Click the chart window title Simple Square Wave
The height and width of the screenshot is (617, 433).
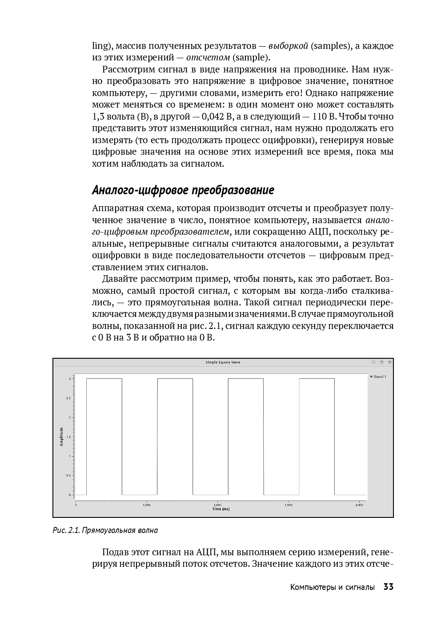(223, 362)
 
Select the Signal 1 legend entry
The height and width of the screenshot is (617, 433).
(379, 377)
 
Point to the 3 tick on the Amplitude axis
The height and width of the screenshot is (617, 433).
(69, 379)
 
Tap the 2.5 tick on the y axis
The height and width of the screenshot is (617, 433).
(68, 398)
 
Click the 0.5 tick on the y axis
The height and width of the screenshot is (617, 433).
(68, 476)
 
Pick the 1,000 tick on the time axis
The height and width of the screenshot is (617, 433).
(146, 505)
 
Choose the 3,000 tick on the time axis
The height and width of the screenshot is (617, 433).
(288, 505)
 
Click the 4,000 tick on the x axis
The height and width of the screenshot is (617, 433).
(359, 505)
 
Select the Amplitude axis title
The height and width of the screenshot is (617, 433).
(62, 437)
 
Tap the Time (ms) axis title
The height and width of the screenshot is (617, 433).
(221, 509)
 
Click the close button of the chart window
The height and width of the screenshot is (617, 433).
(389, 362)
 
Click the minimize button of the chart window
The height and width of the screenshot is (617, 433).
(374, 362)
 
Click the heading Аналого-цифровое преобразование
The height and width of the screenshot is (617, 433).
(183, 190)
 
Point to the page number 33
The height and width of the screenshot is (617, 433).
(389, 587)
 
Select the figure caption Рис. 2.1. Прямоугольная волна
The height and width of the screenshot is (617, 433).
(105, 530)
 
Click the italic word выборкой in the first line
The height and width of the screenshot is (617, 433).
(288, 46)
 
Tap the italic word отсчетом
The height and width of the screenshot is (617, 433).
(208, 57)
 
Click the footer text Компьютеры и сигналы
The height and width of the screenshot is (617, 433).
(332, 587)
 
